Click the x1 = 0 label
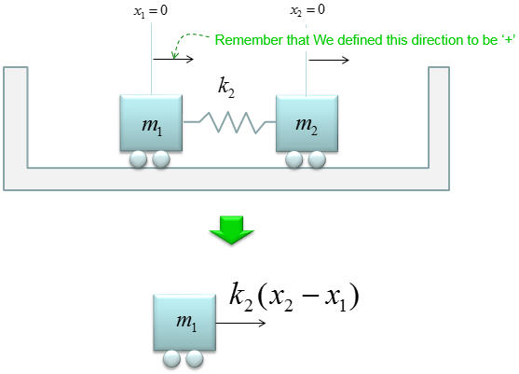[x=151, y=11]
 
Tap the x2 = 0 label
[x=307, y=10]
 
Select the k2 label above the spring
[x=226, y=87]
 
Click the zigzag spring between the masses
[x=229, y=122]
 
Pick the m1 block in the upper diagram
[x=151, y=123]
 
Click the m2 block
[x=307, y=123]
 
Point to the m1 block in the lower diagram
[x=184, y=322]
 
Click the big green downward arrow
[x=232, y=230]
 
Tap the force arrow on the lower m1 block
[x=241, y=323]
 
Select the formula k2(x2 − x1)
[x=294, y=297]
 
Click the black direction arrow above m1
[x=173, y=60]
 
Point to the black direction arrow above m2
[x=329, y=60]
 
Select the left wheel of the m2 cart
[x=294, y=159]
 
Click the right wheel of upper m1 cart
[x=161, y=159]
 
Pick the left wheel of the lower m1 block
[x=171, y=359]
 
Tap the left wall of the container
[x=16, y=129]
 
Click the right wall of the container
[x=439, y=129]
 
